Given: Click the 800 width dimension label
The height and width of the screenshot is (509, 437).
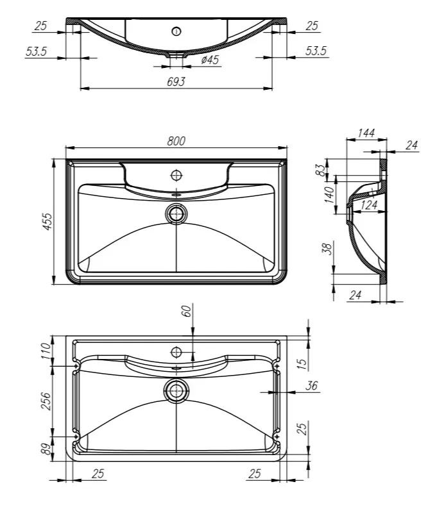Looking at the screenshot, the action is pyautogui.click(x=176, y=141).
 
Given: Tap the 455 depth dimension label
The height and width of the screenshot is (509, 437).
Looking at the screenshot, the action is pyautogui.click(x=47, y=222).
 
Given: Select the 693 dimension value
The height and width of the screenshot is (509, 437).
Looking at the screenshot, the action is pyautogui.click(x=176, y=81).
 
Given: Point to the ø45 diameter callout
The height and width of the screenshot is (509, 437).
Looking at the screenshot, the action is pyautogui.click(x=210, y=60).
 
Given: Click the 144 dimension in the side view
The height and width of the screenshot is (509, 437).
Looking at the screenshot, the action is pyautogui.click(x=366, y=133).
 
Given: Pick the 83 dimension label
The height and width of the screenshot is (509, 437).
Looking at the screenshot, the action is pyautogui.click(x=320, y=170).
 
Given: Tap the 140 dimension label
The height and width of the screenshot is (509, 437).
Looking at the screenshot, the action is pyautogui.click(x=329, y=195).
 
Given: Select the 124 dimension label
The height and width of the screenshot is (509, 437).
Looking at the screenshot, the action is pyautogui.click(x=369, y=205).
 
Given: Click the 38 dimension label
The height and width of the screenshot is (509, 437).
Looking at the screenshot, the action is pyautogui.click(x=328, y=249).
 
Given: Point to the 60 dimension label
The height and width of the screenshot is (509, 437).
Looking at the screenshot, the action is pyautogui.click(x=187, y=312).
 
